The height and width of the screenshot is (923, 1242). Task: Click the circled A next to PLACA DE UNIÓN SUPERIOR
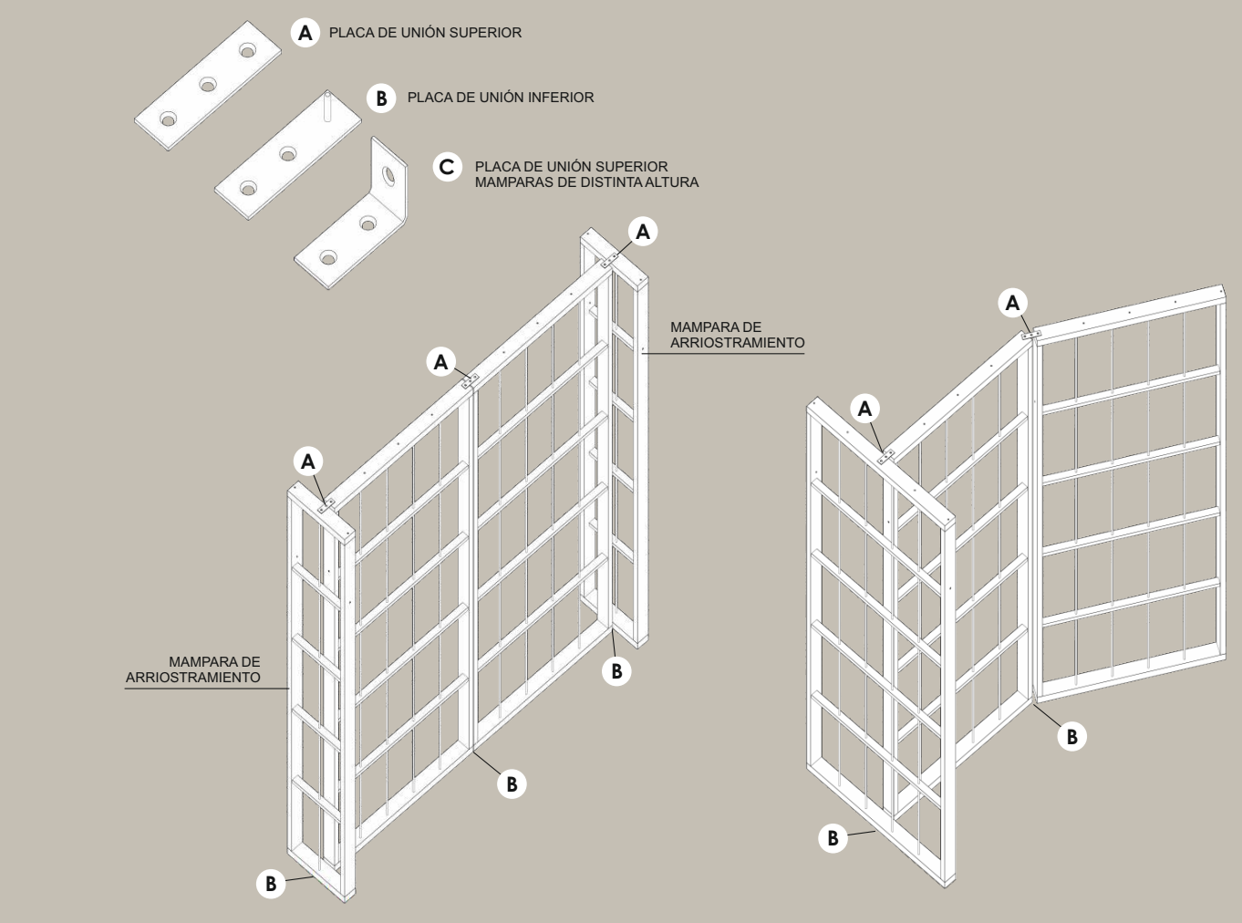pos(305,33)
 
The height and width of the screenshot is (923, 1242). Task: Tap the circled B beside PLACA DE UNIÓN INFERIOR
pos(381,98)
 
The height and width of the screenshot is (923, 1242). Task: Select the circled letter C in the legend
pos(448,167)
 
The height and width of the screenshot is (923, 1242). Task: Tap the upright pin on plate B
pos(327,107)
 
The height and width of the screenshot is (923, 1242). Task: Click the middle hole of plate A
pos(208,85)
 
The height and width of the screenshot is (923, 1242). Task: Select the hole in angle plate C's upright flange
pos(388,175)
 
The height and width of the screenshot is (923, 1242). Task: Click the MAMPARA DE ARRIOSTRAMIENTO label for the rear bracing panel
pos(737,335)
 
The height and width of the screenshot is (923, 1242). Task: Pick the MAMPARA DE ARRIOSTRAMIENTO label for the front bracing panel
pos(193,669)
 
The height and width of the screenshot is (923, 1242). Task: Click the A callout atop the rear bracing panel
pos(643,232)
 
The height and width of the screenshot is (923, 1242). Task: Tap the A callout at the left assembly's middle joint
pos(441,362)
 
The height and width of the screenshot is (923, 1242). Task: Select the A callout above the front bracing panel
pos(308,461)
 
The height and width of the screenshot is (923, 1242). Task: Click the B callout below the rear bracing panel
pos(616,671)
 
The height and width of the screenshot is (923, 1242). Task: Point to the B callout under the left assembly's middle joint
pos(512,784)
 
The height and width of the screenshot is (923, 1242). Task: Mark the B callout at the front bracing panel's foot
pos(271,884)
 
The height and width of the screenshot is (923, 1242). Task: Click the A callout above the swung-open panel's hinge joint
pos(1013,303)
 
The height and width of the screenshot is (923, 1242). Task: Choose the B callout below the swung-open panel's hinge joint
pos(1072,737)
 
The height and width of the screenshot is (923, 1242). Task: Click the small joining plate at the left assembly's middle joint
pos(470,381)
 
